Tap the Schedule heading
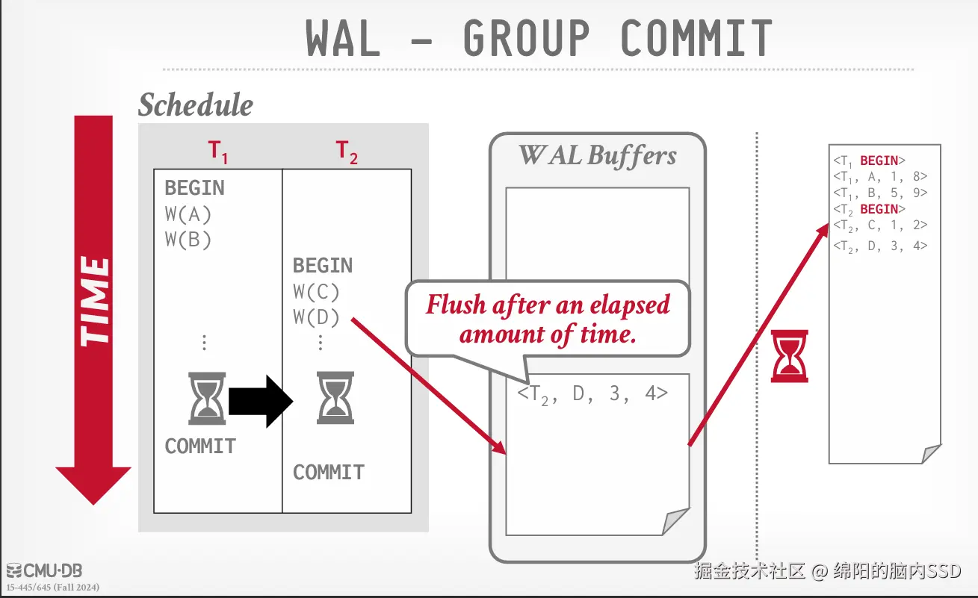click(196, 105)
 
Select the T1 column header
click(217, 152)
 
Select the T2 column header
click(347, 152)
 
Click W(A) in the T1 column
click(188, 214)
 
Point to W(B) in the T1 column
click(188, 240)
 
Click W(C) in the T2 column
click(316, 291)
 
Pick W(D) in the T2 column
click(316, 317)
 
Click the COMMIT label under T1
click(200, 446)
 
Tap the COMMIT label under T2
click(329, 472)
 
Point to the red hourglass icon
click(789, 357)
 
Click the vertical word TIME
click(95, 302)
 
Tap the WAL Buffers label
click(598, 155)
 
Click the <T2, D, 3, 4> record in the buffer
click(592, 393)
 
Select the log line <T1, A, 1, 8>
click(879, 177)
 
